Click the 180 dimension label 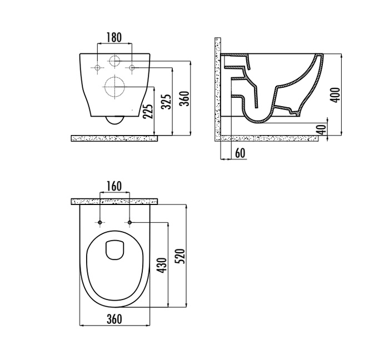114,37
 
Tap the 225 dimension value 148,111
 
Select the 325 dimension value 166,101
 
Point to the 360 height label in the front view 184,98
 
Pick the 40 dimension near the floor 322,129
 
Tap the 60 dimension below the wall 240,153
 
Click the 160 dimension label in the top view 114,186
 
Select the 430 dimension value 162,266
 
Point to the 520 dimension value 180,256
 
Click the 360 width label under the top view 114,319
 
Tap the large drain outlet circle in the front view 114,87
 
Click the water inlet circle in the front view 114,61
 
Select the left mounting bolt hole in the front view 97,67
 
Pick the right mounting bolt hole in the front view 132,67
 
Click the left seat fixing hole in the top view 99,222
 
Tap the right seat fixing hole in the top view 129,222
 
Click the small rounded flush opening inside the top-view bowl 114,250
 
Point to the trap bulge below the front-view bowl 114,120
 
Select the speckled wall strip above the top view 114,202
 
